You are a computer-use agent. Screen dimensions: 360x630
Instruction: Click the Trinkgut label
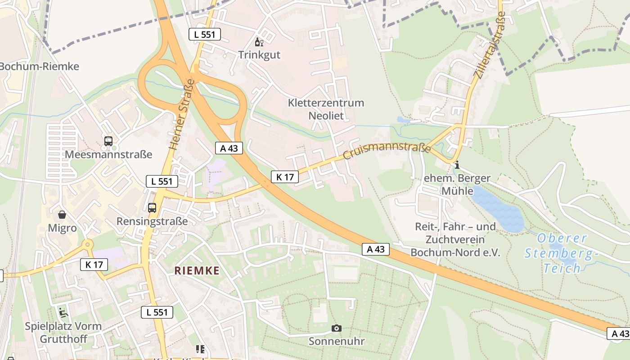point(259,55)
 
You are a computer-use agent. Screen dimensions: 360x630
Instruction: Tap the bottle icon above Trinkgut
point(259,43)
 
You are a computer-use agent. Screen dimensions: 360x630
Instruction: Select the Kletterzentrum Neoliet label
point(326,109)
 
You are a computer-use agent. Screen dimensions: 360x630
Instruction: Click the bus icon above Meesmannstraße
point(108,141)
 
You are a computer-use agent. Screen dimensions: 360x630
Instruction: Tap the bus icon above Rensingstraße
point(152,208)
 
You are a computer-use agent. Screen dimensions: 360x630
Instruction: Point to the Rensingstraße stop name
point(152,221)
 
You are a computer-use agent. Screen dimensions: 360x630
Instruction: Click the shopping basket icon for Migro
point(62,215)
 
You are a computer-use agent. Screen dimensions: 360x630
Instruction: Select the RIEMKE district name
point(197,270)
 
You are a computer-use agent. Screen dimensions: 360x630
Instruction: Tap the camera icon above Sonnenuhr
point(336,328)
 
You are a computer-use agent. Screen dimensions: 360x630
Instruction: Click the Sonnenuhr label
point(337,341)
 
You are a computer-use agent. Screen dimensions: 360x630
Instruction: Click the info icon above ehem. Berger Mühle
point(457,165)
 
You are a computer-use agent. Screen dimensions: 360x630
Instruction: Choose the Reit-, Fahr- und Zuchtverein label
point(455,239)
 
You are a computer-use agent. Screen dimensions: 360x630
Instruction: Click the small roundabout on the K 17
point(87,244)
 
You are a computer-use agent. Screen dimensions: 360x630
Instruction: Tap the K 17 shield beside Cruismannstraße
point(285,177)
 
